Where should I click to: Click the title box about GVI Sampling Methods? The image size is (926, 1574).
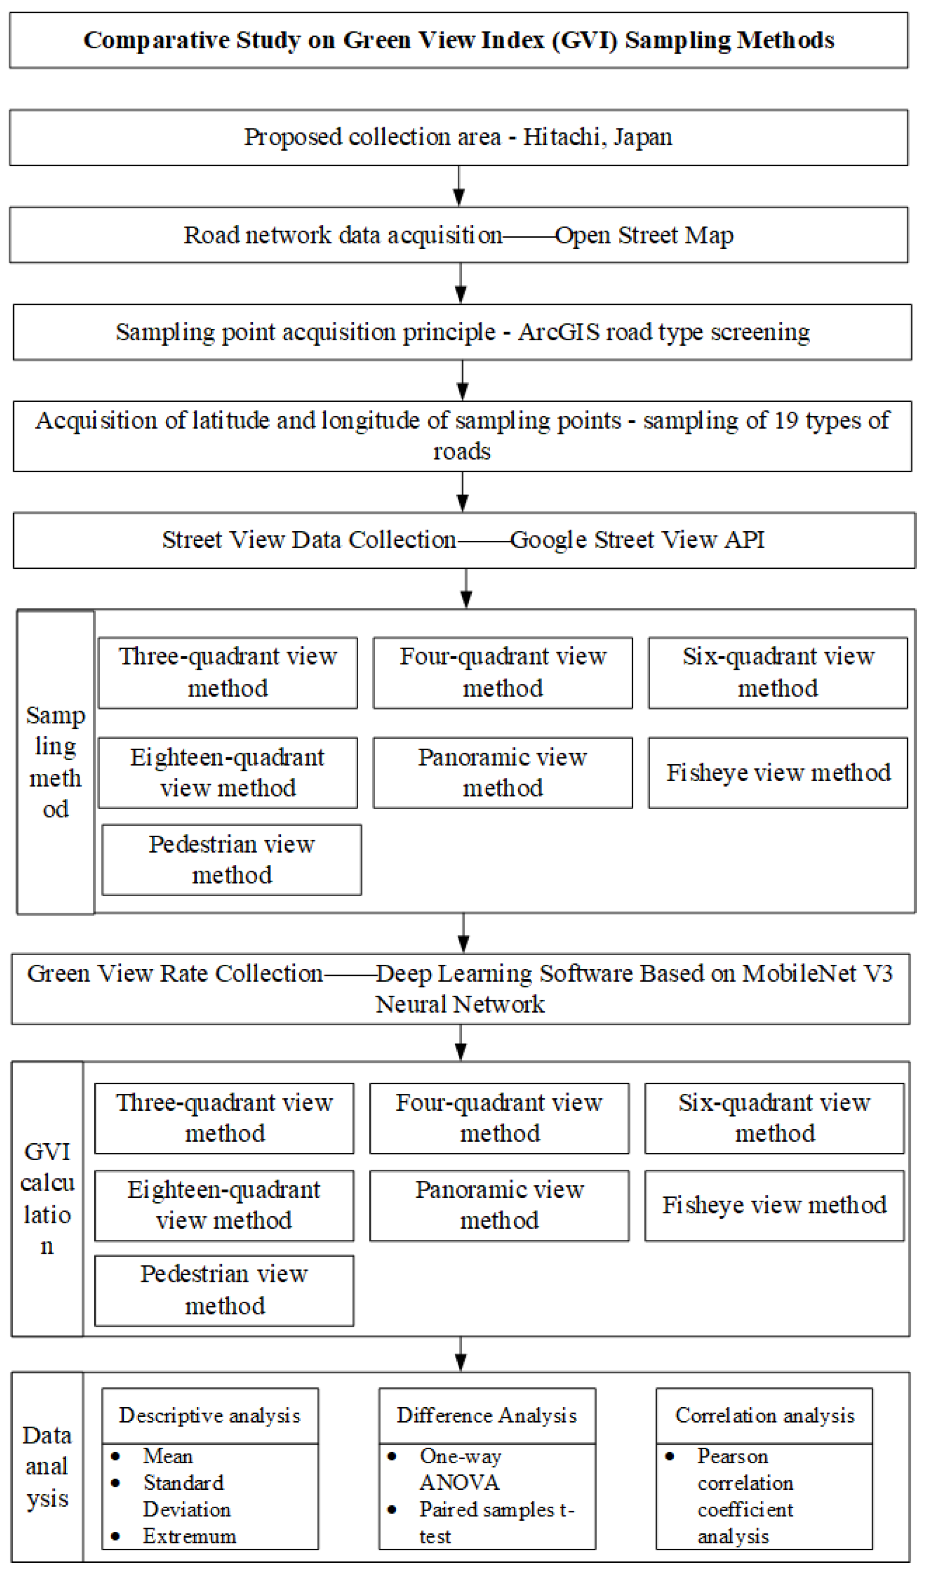(x=459, y=41)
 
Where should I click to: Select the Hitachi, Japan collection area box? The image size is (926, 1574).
(x=459, y=137)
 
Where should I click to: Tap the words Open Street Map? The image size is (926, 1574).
(x=644, y=235)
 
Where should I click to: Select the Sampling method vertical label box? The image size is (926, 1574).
(x=56, y=762)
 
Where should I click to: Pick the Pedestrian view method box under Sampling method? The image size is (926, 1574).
(x=231, y=860)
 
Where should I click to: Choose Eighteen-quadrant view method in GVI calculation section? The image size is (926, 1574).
(x=224, y=1206)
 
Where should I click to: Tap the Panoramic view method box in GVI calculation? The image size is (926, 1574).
(x=500, y=1206)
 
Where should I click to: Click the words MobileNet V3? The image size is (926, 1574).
(x=818, y=974)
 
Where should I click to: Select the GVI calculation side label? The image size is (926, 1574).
(x=47, y=1199)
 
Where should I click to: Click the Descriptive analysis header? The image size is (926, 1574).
(x=210, y=1416)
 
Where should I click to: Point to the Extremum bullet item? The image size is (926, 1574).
(x=189, y=1536)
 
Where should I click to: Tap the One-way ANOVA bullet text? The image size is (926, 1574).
(x=460, y=1469)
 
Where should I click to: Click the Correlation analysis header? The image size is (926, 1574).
(x=764, y=1416)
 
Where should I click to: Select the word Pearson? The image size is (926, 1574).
(x=732, y=1456)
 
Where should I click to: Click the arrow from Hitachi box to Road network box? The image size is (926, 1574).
(x=459, y=187)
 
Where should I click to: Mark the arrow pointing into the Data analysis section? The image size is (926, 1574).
(x=461, y=1354)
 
